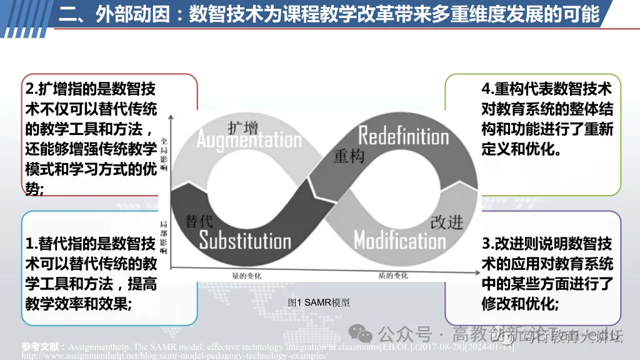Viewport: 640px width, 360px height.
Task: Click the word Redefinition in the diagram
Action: [403, 135]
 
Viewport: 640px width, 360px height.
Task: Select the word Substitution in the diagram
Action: [245, 240]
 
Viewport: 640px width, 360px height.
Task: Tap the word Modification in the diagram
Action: [400, 240]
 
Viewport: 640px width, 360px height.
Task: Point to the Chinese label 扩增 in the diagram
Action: [242, 127]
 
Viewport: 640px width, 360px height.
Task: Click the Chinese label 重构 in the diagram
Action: [349, 156]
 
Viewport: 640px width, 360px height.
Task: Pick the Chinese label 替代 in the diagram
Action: [200, 221]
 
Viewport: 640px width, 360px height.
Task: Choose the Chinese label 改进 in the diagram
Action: [446, 222]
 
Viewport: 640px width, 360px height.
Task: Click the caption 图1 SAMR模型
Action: [319, 302]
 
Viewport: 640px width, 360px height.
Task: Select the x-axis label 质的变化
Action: [392, 275]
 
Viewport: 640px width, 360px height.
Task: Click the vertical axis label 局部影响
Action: [164, 237]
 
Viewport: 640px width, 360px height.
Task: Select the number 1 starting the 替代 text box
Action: [29, 243]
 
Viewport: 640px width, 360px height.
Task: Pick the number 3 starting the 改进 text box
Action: [486, 243]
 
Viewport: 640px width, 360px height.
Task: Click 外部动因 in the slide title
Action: [131, 14]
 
